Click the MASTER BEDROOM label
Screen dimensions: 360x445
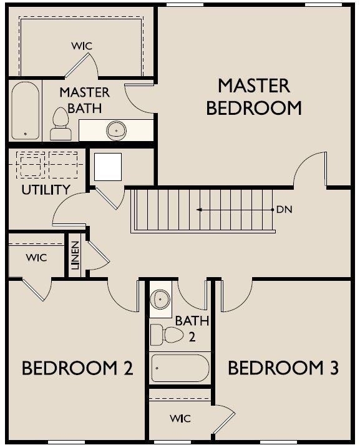tap(254, 97)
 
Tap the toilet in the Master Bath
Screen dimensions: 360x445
tap(61, 124)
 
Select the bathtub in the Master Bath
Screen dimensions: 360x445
tap(25, 110)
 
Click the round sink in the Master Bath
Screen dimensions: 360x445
tap(116, 130)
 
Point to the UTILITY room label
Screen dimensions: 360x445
tap(46, 190)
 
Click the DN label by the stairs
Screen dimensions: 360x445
tap(285, 210)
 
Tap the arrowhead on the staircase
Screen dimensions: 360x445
tap(200, 210)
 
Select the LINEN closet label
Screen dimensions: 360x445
tap(75, 255)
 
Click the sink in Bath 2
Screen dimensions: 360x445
tap(160, 300)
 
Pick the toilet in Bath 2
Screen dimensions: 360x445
tap(167, 335)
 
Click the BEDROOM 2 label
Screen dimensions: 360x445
tap(77, 368)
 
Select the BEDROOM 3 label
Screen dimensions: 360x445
tap(283, 368)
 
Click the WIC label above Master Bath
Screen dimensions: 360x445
tap(82, 46)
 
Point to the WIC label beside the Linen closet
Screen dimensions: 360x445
tap(36, 258)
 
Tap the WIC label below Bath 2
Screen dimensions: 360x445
tap(180, 418)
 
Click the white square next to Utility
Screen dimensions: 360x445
tap(108, 167)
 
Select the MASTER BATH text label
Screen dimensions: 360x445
tap(84, 100)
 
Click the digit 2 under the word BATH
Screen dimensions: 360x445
tap(192, 337)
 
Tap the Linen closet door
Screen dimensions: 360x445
tap(98, 251)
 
